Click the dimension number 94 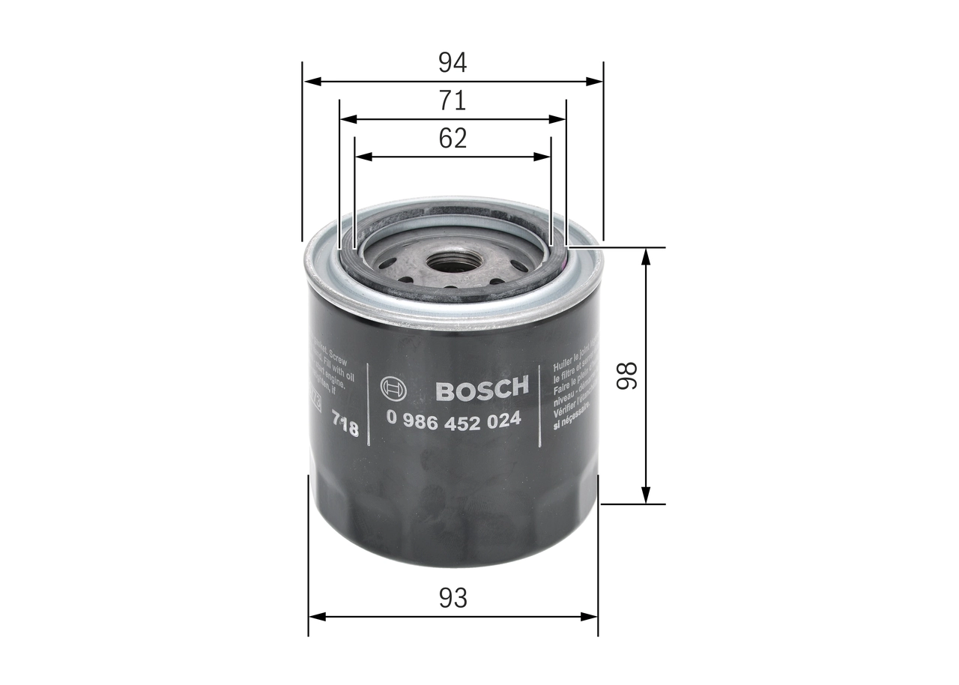[x=453, y=62]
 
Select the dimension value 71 [x=453, y=100]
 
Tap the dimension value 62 [x=453, y=139]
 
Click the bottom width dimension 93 [x=453, y=598]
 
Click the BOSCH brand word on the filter [x=482, y=389]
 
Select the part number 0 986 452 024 [x=453, y=420]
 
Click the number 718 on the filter [x=345, y=427]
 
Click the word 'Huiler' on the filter [x=563, y=365]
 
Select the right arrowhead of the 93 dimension [x=592, y=617]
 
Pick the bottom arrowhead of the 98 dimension [x=646, y=497]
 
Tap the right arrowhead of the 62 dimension [x=545, y=157]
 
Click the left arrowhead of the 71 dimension [x=345, y=119]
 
